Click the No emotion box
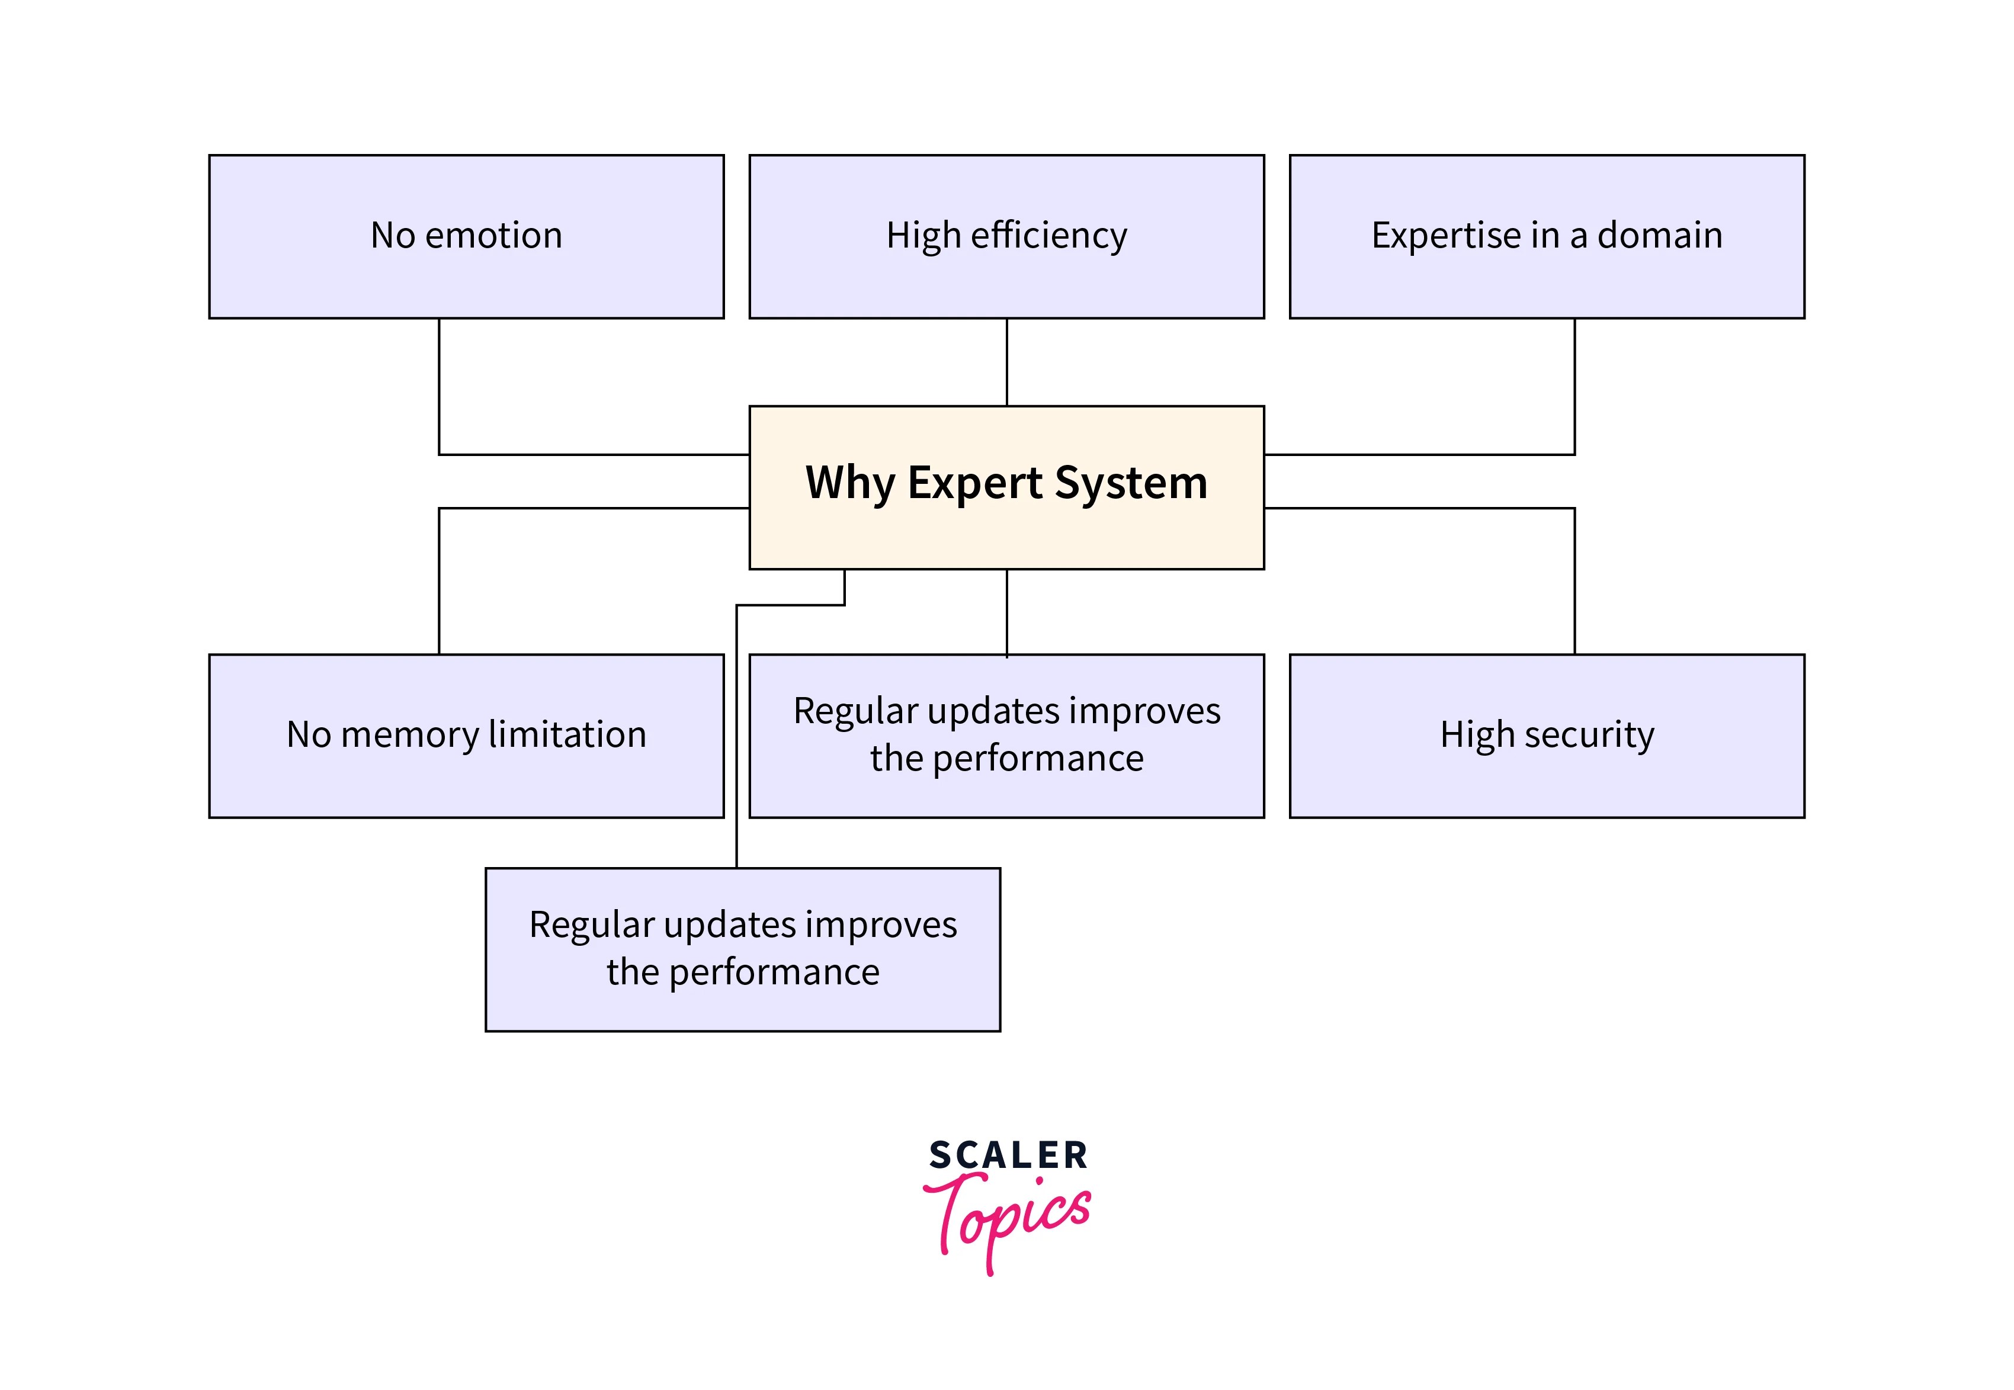click(x=466, y=237)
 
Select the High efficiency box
click(x=1006, y=237)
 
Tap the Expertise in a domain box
click(x=1546, y=237)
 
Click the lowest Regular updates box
click(x=742, y=949)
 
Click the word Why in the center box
click(x=849, y=483)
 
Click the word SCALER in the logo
click(x=1008, y=1155)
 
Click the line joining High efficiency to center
click(x=1007, y=361)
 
